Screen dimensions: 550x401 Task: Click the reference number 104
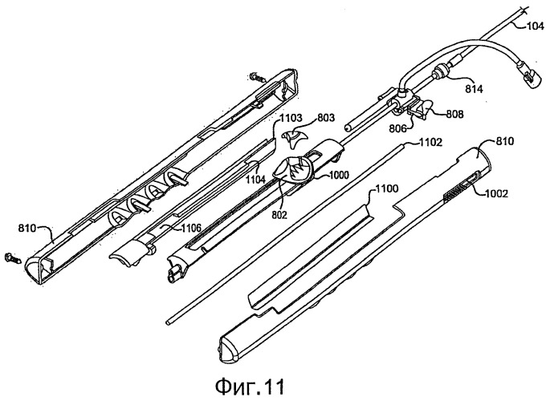pos(536,26)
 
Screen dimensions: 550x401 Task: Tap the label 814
pos(474,89)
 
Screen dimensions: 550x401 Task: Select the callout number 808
pos(454,114)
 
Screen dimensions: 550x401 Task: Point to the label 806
pos(397,128)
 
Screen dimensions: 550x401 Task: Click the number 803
pos(326,118)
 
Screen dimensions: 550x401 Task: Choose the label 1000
pos(338,175)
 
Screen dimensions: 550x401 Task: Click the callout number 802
pos(279,214)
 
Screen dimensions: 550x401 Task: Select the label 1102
pos(431,142)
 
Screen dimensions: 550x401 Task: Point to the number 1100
pos(387,189)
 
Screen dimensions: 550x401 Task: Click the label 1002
pos(496,193)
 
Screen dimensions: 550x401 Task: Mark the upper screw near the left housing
pos(256,77)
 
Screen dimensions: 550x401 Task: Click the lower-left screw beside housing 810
pos(12,259)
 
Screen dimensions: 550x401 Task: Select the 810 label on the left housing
pos(27,229)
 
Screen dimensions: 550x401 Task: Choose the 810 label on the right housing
pos(504,141)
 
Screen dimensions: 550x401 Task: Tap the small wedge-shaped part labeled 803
pos(294,138)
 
